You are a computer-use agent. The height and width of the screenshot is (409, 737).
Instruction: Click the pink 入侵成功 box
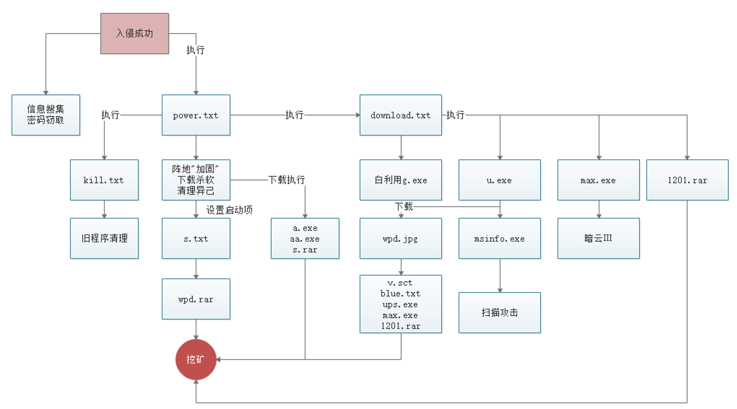pyautogui.click(x=135, y=33)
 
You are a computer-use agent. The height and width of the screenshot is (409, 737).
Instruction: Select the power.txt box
pyautogui.click(x=195, y=115)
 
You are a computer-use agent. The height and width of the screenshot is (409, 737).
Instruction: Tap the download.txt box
pyautogui.click(x=400, y=115)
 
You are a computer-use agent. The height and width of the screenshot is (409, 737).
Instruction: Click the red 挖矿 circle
pyautogui.click(x=195, y=360)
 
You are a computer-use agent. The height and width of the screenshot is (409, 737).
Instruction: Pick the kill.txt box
pyautogui.click(x=104, y=180)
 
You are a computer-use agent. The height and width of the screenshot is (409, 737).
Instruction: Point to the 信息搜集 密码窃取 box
pyautogui.click(x=46, y=115)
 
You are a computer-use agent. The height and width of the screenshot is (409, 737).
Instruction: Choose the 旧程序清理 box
pyautogui.click(x=104, y=239)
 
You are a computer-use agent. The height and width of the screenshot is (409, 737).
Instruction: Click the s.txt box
pyautogui.click(x=195, y=239)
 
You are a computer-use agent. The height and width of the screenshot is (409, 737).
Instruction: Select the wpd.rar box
pyautogui.click(x=195, y=299)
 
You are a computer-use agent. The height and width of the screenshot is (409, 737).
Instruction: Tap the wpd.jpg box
pyautogui.click(x=400, y=239)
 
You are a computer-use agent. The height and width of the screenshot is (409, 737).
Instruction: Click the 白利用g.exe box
pyautogui.click(x=400, y=180)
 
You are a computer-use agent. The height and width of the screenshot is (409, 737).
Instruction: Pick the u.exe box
pyautogui.click(x=499, y=180)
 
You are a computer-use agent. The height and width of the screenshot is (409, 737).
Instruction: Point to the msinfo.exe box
pyautogui.click(x=499, y=239)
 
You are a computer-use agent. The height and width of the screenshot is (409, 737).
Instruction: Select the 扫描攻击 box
pyautogui.click(x=499, y=312)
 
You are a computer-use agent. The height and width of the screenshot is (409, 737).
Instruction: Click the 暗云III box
pyautogui.click(x=599, y=239)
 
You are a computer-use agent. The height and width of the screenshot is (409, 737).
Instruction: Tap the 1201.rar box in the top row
pyautogui.click(x=687, y=180)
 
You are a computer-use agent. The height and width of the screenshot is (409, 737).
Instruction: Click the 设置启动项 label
pyautogui.click(x=229, y=210)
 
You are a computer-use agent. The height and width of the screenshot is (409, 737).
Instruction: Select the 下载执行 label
pyautogui.click(x=287, y=180)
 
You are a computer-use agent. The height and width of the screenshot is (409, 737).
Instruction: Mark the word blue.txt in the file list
pyautogui.click(x=400, y=293)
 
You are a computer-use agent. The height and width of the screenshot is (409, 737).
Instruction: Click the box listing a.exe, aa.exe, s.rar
pyautogui.click(x=305, y=239)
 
